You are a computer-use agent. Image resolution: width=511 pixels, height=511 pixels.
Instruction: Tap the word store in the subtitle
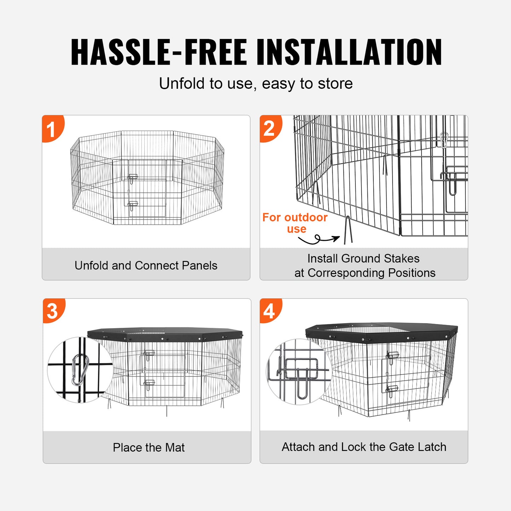pos(335,84)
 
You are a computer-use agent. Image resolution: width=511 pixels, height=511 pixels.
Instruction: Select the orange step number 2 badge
pos(269,128)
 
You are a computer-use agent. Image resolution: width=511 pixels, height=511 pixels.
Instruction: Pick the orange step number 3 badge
pos(53,311)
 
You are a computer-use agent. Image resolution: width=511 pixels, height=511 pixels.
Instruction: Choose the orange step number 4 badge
pos(269,311)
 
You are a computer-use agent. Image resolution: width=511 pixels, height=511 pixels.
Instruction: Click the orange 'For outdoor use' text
pos(295,223)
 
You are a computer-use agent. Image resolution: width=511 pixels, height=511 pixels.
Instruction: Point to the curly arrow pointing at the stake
pos(318,240)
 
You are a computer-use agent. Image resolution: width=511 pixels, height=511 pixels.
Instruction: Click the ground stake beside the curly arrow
pos(348,231)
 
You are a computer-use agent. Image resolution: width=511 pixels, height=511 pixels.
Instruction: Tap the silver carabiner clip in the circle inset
pos(80,370)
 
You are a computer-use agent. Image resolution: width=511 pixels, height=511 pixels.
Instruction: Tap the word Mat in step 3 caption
pos(175,448)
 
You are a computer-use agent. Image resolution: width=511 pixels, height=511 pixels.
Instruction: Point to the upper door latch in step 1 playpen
pos(133,178)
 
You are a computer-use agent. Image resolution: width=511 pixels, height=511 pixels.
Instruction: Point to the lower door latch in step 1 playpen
pos(133,205)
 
